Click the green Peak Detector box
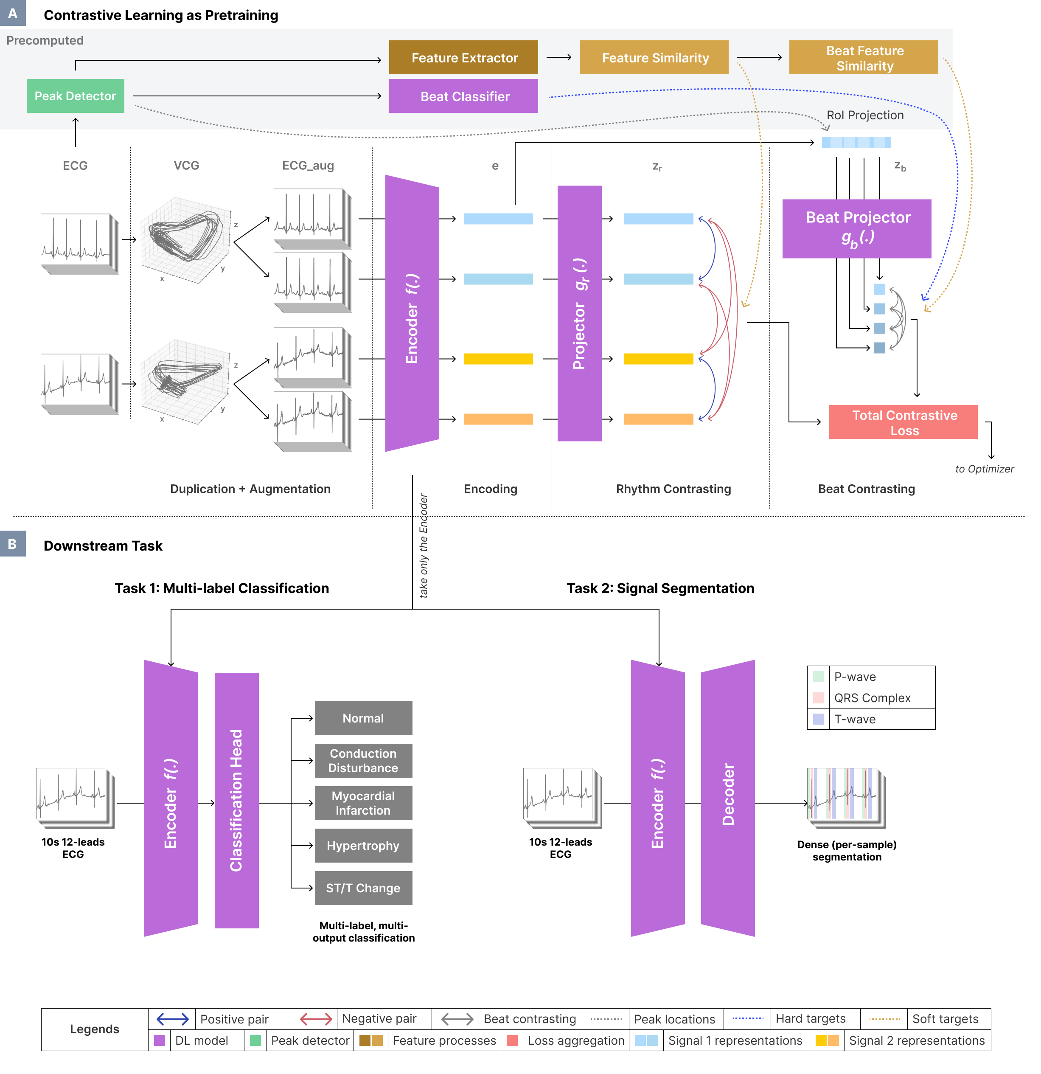click(x=75, y=96)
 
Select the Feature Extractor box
click(x=463, y=58)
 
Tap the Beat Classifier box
click(x=463, y=96)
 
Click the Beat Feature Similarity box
click(x=864, y=58)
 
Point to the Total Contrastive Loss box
click(x=903, y=422)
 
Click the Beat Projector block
click(x=856, y=228)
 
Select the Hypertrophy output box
click(x=363, y=846)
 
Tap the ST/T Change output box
click(x=363, y=888)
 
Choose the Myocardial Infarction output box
click(x=363, y=803)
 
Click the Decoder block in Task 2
click(x=728, y=798)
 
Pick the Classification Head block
click(x=236, y=800)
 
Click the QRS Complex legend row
click(x=871, y=697)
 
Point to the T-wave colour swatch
click(x=818, y=719)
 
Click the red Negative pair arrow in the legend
click(x=316, y=1019)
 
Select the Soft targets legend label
click(x=945, y=1019)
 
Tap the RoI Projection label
click(x=864, y=115)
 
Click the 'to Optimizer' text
click(x=984, y=469)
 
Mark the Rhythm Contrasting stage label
click(x=673, y=489)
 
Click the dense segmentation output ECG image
click(x=845, y=797)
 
